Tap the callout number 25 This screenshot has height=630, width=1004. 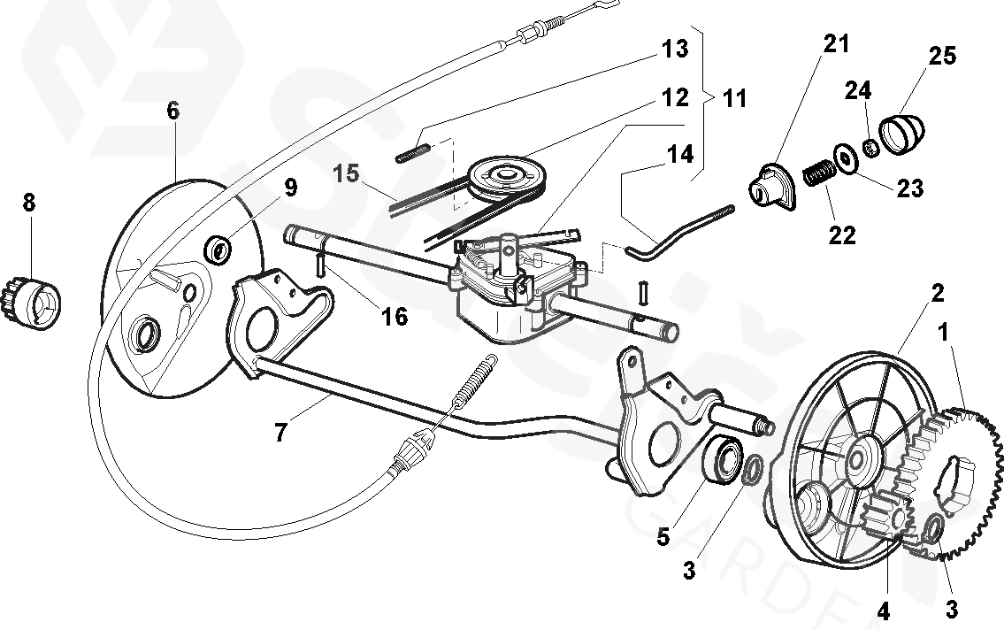tap(942, 56)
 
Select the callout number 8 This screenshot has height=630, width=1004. tap(29, 203)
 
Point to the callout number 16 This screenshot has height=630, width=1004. tap(395, 316)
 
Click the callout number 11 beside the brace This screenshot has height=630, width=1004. tap(734, 98)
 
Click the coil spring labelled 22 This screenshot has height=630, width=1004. tap(819, 170)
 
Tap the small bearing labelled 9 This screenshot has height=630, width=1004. tap(218, 249)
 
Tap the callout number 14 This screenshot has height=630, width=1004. tap(679, 154)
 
